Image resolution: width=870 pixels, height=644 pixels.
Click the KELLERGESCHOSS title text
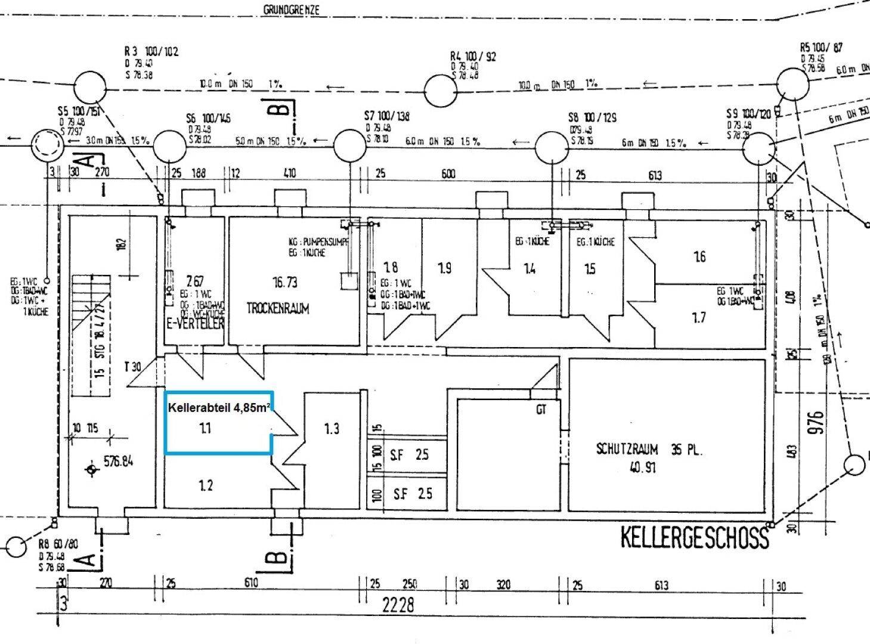pos(694,537)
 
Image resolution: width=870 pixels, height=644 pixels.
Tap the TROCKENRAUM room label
pos(278,308)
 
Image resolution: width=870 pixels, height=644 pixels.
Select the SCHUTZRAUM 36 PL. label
pos(649,450)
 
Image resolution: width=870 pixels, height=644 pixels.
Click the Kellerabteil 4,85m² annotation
pos(218,408)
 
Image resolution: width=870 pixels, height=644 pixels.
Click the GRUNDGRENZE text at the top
pos(292,10)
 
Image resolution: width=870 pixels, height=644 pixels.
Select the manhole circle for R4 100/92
pos(441,91)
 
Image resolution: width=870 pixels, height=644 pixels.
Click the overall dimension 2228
pos(398,605)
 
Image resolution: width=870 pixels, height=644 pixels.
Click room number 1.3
pos(332,428)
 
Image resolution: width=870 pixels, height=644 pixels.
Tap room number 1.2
pos(205,485)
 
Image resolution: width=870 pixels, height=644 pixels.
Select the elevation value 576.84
pos(118,461)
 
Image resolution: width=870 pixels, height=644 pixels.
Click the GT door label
pos(541,410)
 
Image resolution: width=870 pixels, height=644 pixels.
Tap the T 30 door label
pos(133,367)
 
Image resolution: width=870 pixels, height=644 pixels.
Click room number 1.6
pos(699,256)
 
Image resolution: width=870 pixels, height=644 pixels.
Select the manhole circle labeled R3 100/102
pos(90,87)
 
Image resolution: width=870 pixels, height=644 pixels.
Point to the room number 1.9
pos(445,268)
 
